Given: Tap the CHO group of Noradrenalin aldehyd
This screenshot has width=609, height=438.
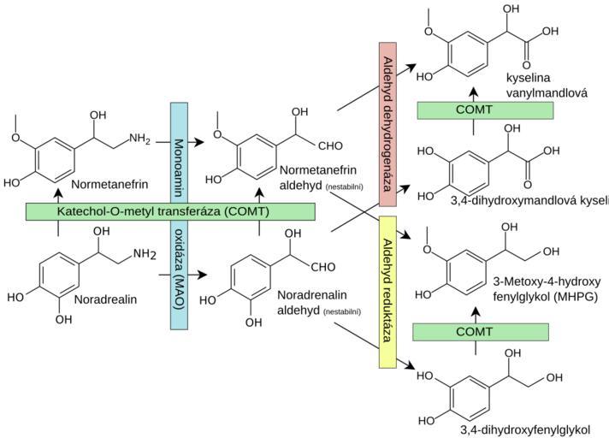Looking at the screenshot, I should click(323, 268).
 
